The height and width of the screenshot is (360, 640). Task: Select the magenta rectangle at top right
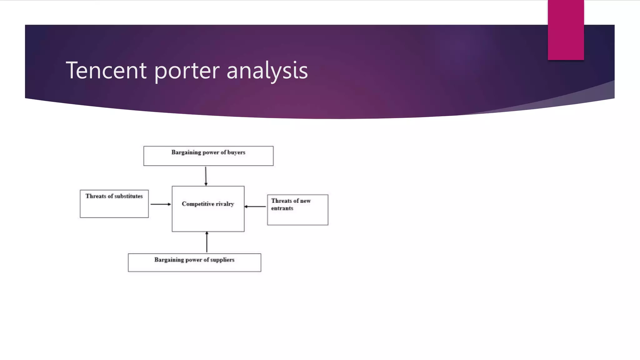coord(566,30)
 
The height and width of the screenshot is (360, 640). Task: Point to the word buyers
coord(236,152)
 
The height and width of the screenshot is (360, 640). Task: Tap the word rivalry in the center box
coord(225,204)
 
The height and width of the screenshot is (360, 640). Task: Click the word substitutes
coord(128,196)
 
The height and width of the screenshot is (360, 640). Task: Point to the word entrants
coord(282,208)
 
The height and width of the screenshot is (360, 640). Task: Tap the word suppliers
coord(222,260)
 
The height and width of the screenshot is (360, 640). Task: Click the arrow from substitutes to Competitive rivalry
coord(160,204)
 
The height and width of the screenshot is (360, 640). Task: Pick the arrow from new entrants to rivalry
coord(255,207)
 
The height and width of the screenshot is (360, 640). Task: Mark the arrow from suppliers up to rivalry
coord(207,242)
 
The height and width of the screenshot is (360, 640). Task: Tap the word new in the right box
coord(305,201)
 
